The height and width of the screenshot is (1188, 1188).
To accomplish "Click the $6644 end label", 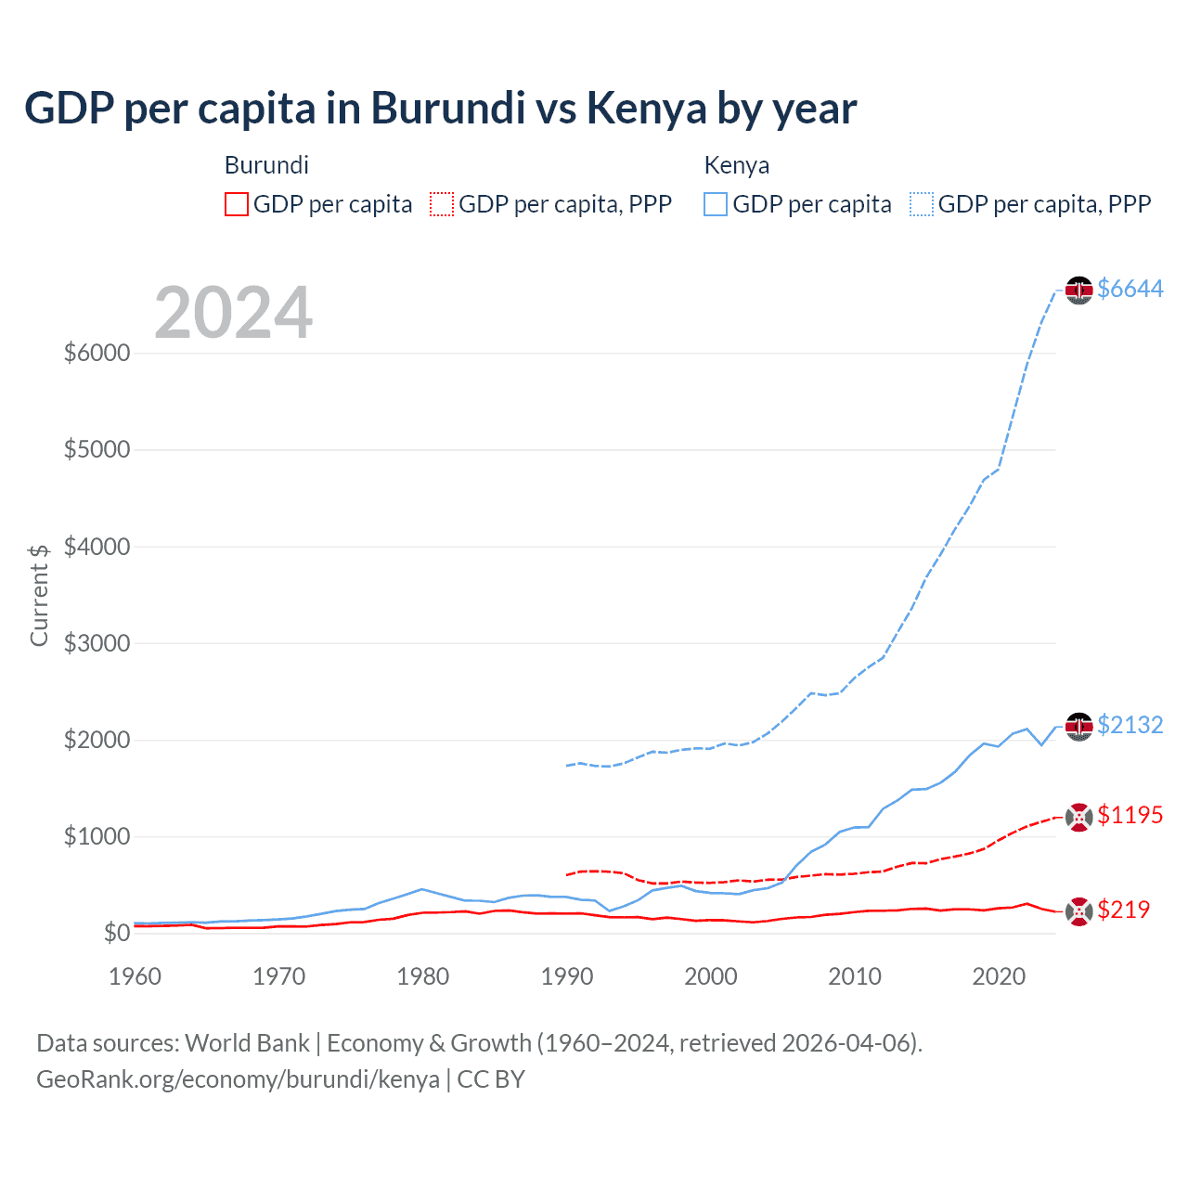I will pyautogui.click(x=1130, y=289).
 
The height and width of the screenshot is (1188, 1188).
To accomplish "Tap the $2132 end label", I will pyautogui.click(x=1130, y=725).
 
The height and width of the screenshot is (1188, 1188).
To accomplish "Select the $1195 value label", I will pyautogui.click(x=1130, y=815).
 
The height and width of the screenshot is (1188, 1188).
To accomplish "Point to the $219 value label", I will pyautogui.click(x=1123, y=910).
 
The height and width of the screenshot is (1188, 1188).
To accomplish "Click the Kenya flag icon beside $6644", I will pyautogui.click(x=1078, y=291).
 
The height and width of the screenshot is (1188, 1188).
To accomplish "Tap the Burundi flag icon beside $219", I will pyautogui.click(x=1078, y=912).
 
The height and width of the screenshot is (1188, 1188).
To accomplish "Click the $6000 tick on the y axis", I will pyautogui.click(x=97, y=354).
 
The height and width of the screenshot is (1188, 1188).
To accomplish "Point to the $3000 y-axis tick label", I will pyautogui.click(x=97, y=643).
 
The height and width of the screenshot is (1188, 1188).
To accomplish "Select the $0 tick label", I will pyautogui.click(x=116, y=933).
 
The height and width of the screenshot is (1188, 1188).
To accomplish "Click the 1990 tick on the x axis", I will pyautogui.click(x=567, y=976).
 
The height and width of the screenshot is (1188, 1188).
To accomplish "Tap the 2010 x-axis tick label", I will pyautogui.click(x=855, y=976).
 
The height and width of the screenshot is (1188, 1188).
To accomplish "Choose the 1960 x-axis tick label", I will pyautogui.click(x=136, y=976).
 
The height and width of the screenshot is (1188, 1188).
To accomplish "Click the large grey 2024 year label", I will pyautogui.click(x=233, y=313).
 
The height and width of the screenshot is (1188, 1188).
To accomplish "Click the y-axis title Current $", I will pyautogui.click(x=39, y=595).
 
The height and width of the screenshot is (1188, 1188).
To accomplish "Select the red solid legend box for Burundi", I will pyautogui.click(x=237, y=204).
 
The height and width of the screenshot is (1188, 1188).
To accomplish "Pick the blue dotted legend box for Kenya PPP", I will pyautogui.click(x=922, y=204).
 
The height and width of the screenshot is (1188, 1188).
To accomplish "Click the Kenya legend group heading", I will pyautogui.click(x=737, y=165).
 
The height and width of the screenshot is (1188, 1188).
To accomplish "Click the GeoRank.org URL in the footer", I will pyautogui.click(x=238, y=1079).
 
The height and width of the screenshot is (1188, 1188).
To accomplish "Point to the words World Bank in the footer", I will pyautogui.click(x=247, y=1043).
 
